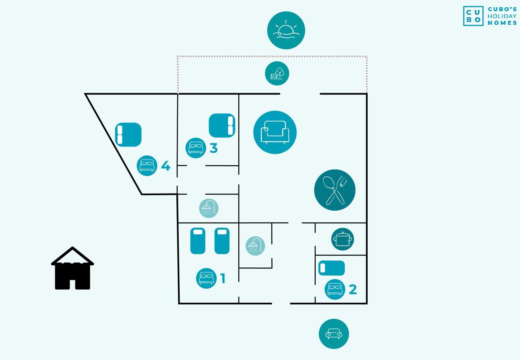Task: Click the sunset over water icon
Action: pyautogui.click(x=286, y=31)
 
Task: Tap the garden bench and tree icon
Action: pyautogui.click(x=277, y=74)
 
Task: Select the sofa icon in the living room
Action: pyautogui.click(x=275, y=132)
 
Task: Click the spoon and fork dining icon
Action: pyautogui.click(x=335, y=190)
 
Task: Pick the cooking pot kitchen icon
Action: pyautogui.click(x=343, y=239)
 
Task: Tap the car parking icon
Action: pyautogui.click(x=334, y=334)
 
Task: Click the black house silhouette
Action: pyautogui.click(x=72, y=269)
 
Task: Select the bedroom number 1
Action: pyautogui.click(x=223, y=278)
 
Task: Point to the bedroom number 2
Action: pyautogui.click(x=352, y=289)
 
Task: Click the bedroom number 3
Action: pyautogui.click(x=214, y=148)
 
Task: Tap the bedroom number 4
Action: pyautogui.click(x=166, y=166)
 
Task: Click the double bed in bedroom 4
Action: pyautogui.click(x=128, y=134)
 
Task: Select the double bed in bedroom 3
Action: pyautogui.click(x=222, y=125)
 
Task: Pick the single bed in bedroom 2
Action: pyautogui.click(x=332, y=268)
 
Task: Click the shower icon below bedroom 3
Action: pyautogui.click(x=209, y=208)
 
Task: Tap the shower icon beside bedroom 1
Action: pyautogui.click(x=255, y=246)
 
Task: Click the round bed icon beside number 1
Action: pyautogui.click(x=206, y=278)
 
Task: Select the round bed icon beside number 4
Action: pyautogui.click(x=147, y=166)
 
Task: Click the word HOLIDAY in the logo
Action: pyautogui.click(x=502, y=16)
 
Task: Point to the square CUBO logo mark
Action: pyautogui.click(x=473, y=16)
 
